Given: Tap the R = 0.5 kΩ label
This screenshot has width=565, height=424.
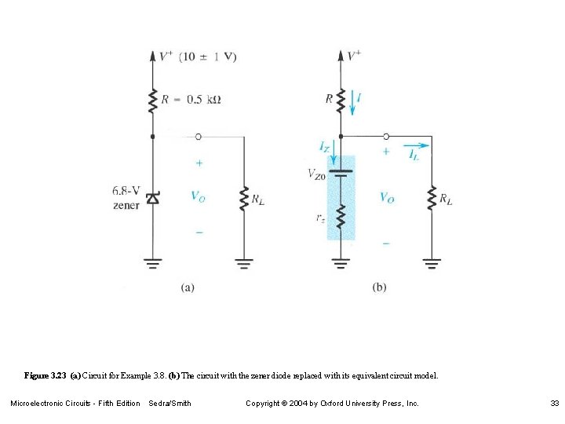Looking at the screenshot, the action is [191, 99].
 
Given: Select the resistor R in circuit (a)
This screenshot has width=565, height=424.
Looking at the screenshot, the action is [153, 100].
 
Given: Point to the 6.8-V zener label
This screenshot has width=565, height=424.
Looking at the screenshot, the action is [126, 197].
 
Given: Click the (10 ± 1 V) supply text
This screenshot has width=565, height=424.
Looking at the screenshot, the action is [207, 57].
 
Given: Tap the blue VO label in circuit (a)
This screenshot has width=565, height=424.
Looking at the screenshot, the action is [199, 196].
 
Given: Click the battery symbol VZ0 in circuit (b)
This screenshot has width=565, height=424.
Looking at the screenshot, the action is [341, 173].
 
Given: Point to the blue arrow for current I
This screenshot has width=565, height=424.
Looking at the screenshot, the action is [352, 101].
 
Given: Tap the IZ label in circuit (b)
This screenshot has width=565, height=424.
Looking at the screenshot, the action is [325, 146].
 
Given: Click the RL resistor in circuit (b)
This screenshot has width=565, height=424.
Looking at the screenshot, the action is [431, 198].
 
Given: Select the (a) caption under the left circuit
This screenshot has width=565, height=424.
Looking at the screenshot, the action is [187, 287].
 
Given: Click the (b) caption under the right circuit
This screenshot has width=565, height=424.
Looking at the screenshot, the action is [379, 287].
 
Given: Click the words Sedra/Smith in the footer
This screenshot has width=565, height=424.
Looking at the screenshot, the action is [169, 404].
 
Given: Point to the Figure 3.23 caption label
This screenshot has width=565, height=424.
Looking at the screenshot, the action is [46, 375].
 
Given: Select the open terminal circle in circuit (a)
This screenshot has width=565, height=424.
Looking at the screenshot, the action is [198, 137].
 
